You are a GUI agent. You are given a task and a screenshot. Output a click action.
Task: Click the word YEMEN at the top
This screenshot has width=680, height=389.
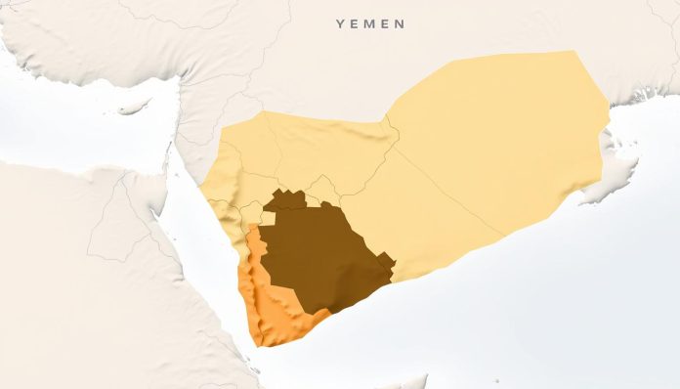tap(370, 22)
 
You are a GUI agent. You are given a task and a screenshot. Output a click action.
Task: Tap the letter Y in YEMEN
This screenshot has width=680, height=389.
tap(340, 22)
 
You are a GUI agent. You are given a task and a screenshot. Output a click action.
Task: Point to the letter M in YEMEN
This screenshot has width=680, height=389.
tap(370, 22)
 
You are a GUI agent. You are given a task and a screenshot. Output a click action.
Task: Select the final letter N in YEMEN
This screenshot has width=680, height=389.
tap(401, 22)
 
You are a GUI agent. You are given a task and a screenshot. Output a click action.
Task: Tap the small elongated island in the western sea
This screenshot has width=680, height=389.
tap(132, 105)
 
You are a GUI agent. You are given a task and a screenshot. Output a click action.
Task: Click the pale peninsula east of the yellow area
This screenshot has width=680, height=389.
tap(616, 156)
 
